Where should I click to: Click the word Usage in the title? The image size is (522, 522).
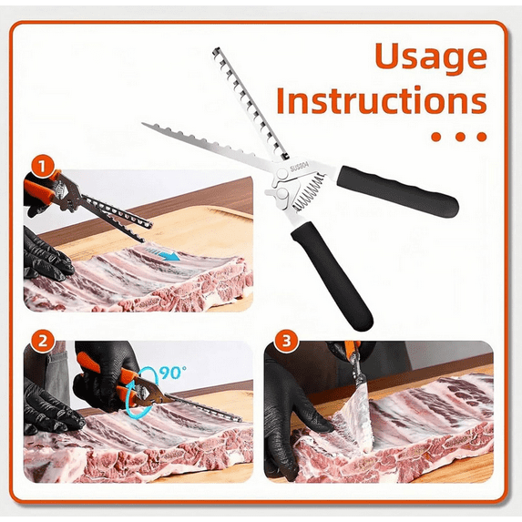point(431,56)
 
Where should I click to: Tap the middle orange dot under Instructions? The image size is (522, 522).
point(460,137)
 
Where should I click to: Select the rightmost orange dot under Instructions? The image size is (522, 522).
point(482,137)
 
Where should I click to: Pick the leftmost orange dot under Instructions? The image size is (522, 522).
point(438,137)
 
